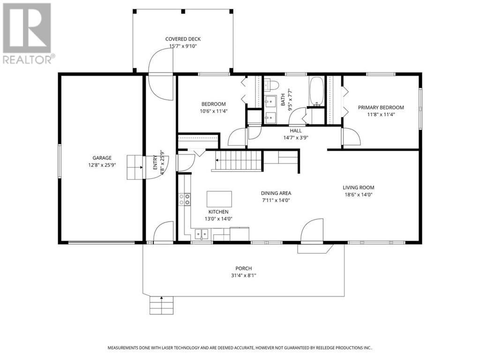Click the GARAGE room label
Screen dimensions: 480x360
102,158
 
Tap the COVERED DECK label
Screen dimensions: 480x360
183,39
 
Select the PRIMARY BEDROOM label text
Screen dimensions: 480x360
381,107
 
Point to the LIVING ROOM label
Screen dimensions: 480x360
358,187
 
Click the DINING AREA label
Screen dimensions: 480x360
276,193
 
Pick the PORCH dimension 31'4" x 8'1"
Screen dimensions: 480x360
243,276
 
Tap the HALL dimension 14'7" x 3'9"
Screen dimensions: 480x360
296,138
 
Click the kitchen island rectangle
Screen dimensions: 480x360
219,199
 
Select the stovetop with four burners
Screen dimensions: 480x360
184,199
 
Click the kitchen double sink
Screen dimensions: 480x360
202,234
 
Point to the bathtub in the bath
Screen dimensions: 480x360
316,91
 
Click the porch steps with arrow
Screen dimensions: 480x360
161,305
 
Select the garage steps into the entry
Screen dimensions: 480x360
135,167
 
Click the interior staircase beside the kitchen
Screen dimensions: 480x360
237,160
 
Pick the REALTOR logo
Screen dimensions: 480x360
28,33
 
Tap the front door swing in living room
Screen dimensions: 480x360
312,231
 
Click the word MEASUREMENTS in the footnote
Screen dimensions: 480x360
124,348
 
